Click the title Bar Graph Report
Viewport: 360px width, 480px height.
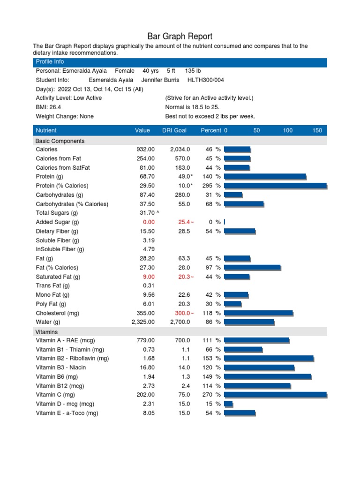pyautogui.click(x=180, y=37)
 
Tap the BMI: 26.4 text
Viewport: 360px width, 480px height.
pyautogui.click(x=48, y=107)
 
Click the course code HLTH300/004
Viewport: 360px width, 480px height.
pyautogui.click(x=206, y=80)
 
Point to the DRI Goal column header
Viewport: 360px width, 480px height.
pyautogui.click(x=174, y=130)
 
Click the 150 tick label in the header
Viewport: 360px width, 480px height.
pyautogui.click(x=317, y=130)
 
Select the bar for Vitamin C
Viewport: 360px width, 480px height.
pyautogui.click(x=275, y=395)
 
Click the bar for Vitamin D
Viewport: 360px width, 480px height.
pyautogui.click(x=228, y=404)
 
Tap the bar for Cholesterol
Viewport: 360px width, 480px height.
pyautogui.click(x=258, y=313)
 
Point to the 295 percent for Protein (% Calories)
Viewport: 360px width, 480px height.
pyautogui.click(x=207, y=186)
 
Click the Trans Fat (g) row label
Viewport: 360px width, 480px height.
pyautogui.click(x=53, y=286)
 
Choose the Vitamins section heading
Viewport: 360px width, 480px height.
pyautogui.click(x=47, y=331)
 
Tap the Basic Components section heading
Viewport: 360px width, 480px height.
pyautogui.click(x=60, y=141)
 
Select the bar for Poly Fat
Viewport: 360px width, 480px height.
pyautogui.click(x=232, y=304)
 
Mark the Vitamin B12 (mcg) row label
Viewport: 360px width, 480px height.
pyautogui.click(x=60, y=386)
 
